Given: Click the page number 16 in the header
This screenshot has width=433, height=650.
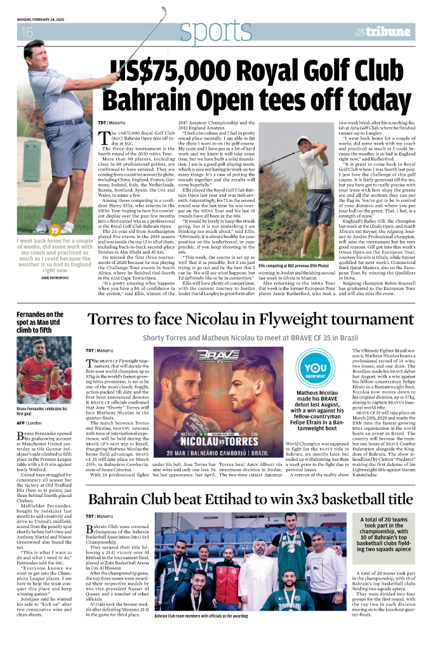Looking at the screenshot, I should point(27,32).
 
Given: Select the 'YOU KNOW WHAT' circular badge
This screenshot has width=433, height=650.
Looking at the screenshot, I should point(312,369).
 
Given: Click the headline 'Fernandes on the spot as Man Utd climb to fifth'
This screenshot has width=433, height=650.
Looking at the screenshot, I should point(40,323).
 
